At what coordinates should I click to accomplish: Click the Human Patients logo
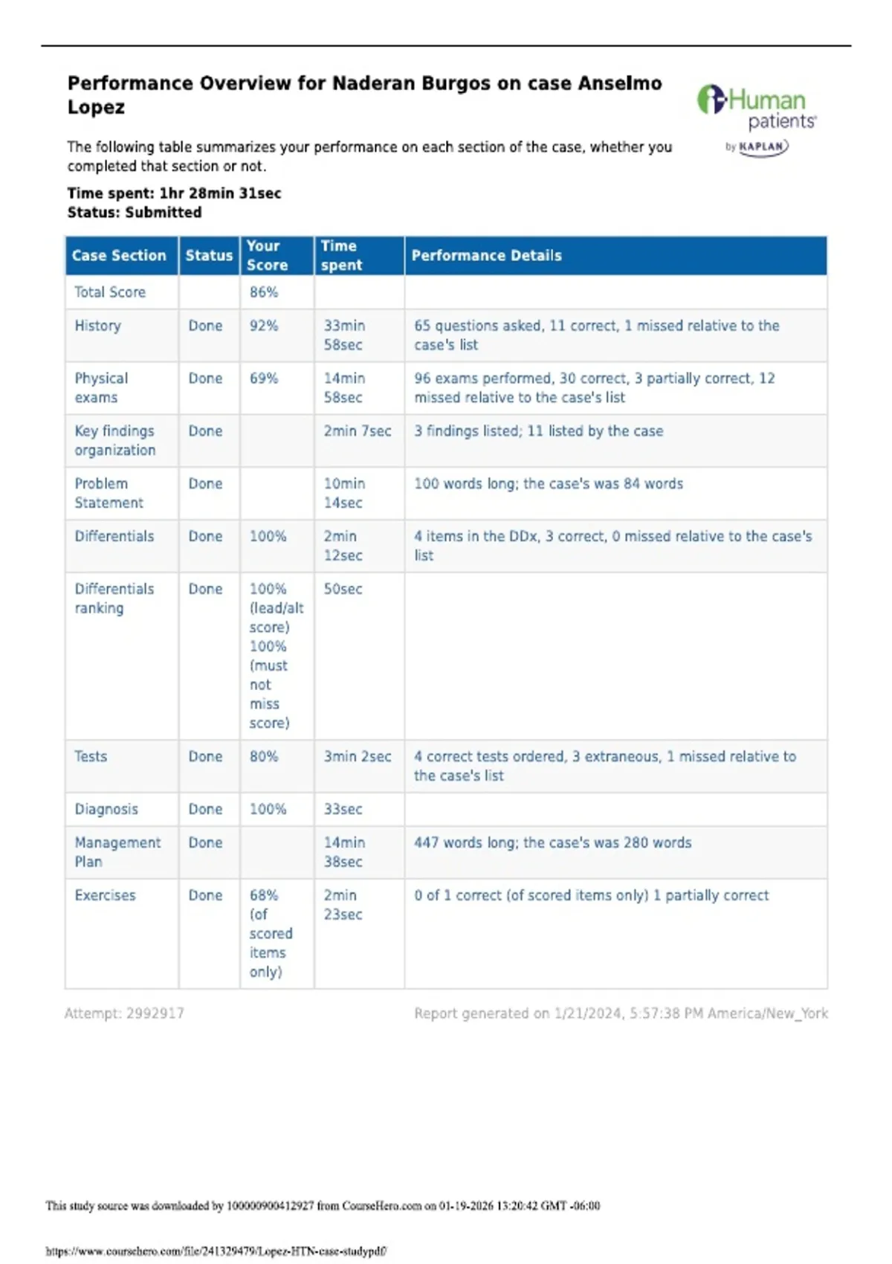point(757,119)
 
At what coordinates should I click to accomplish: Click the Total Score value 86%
point(264,292)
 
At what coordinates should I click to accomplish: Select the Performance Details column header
point(486,255)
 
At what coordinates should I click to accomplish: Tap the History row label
point(97,326)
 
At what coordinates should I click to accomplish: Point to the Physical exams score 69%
point(264,378)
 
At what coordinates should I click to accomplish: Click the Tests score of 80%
point(264,756)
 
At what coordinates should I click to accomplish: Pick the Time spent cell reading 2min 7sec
point(357,431)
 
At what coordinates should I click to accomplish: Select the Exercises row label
point(105,895)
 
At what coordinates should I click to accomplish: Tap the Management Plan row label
point(117,852)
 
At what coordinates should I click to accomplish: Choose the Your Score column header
point(267,255)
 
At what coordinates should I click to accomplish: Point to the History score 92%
point(264,326)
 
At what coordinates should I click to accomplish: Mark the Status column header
point(209,255)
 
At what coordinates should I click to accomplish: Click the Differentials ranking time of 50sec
point(343,589)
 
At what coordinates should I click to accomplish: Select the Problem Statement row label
point(109,493)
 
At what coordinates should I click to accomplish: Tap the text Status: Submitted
point(135,213)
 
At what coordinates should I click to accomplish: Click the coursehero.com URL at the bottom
point(216,1251)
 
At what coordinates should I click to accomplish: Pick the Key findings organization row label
point(114,440)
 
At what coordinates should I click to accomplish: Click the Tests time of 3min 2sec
point(357,756)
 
